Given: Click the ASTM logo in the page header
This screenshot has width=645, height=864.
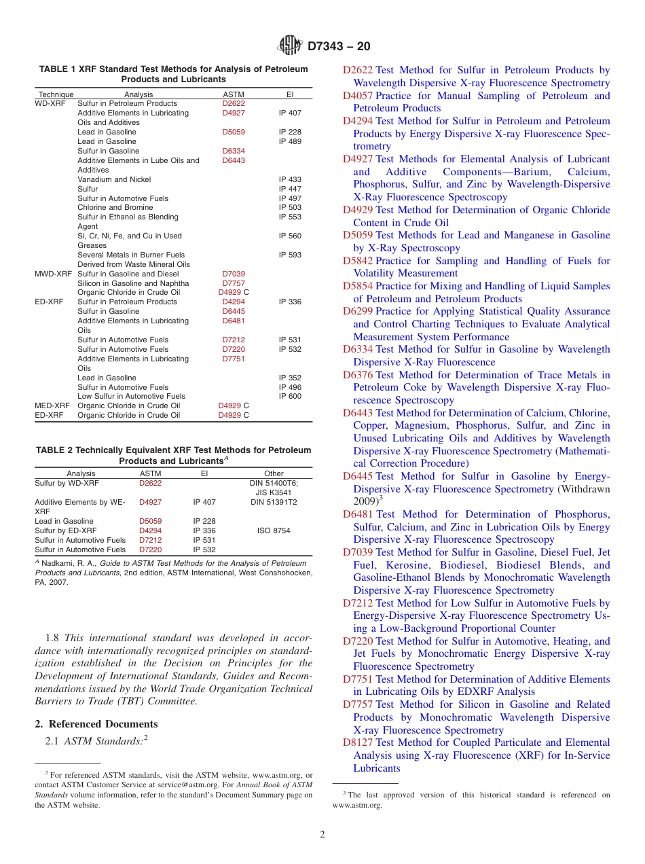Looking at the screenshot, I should coord(290,46).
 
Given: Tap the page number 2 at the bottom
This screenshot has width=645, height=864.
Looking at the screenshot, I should coord(322,835).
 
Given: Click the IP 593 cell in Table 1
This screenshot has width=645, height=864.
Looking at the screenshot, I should coord(290,255).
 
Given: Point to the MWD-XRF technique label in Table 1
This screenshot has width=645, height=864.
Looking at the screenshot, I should coord(53,274).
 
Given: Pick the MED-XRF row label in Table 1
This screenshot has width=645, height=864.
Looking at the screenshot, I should coord(52,406).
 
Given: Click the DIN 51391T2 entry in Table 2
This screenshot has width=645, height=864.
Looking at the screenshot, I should coord(274,502).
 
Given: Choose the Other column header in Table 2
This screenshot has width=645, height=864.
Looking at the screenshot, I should coord(274,473).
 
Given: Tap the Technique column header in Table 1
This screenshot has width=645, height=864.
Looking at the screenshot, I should coord(56,94).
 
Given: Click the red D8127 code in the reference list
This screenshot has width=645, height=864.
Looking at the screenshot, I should coord(357,742).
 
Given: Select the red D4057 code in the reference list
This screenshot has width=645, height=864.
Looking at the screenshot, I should coord(357,96).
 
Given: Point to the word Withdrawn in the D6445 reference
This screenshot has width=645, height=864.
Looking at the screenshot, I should coord(583,489).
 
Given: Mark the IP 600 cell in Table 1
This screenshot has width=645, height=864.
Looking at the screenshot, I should coord(290,396).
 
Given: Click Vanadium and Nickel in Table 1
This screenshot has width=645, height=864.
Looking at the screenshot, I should coord(115,179).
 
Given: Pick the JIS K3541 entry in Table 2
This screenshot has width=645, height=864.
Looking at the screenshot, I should coord(274,492).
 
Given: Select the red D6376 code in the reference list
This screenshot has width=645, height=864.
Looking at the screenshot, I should coord(357,375).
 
